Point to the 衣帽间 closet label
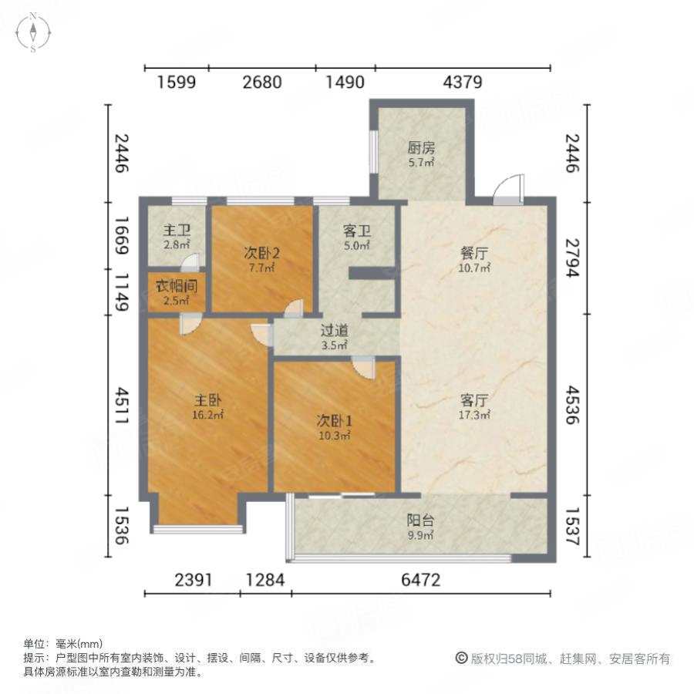point(177,285)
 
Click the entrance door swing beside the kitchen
point(507,190)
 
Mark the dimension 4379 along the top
point(463,82)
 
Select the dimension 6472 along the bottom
point(421,580)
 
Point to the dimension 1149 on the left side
point(120,291)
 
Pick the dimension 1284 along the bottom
point(265,580)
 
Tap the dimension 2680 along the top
point(262,82)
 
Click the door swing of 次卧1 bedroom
point(363,367)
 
